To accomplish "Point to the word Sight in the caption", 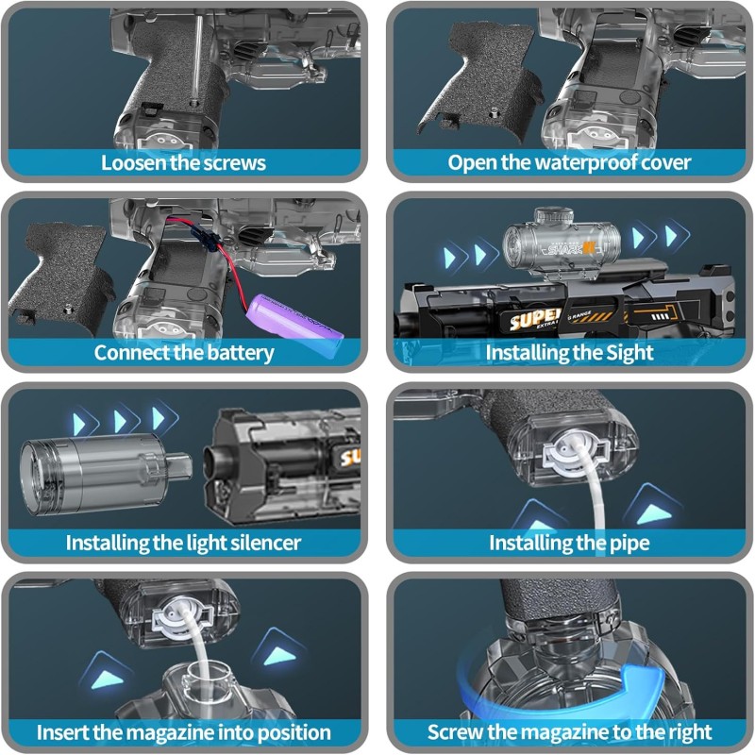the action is coord(629,352).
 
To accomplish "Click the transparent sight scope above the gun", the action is coord(562,245).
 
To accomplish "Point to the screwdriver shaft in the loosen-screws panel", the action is coord(197,57).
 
